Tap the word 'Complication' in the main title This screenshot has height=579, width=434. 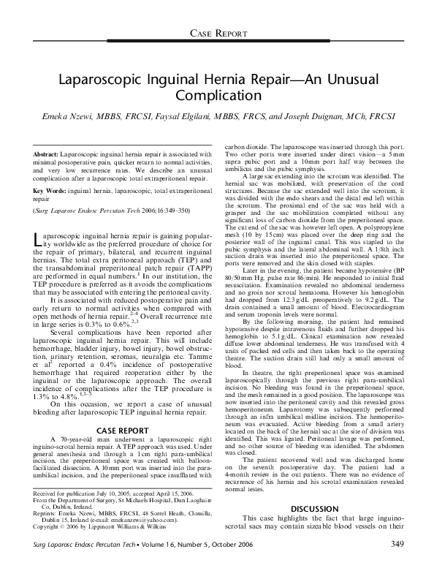(216, 94)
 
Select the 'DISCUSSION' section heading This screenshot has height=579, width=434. (313, 507)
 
